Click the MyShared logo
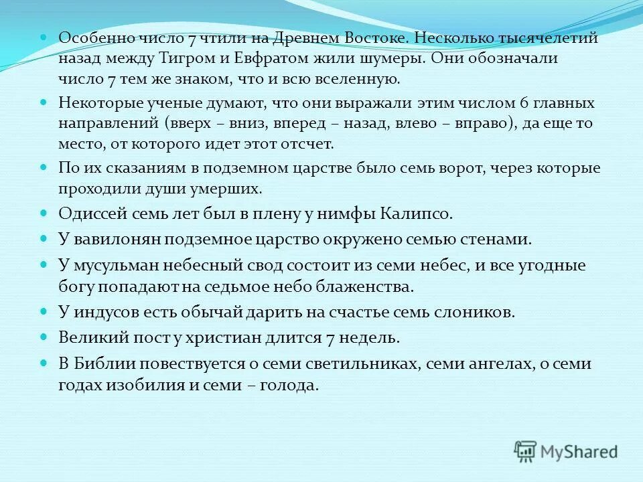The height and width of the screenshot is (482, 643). pyautogui.click(x=566, y=451)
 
